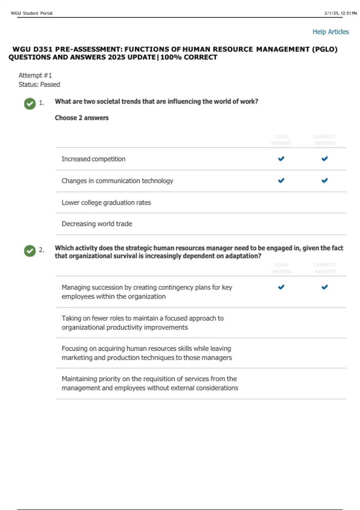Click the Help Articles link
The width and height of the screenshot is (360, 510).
330,32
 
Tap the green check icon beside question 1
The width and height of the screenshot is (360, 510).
30,103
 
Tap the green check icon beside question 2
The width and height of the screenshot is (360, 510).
30,251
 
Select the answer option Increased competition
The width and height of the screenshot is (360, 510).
93,159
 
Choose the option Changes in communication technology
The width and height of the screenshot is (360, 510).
117,181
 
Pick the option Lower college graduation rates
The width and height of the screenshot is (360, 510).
106,203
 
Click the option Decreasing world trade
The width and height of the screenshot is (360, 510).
97,224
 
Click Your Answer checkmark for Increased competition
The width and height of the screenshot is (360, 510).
281,159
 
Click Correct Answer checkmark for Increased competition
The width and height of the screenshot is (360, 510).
324,159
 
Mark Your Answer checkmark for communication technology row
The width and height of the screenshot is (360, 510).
281,181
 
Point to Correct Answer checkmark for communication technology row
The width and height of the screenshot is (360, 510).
324,181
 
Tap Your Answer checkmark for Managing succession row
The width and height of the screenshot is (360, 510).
281,287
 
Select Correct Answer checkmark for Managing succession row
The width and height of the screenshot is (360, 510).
324,287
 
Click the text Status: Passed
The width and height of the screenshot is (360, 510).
39,85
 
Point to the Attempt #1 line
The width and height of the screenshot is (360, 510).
35,75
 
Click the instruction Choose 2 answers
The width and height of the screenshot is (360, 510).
82,118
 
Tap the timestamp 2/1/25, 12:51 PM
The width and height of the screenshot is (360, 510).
340,13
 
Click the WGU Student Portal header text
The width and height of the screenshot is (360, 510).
31,13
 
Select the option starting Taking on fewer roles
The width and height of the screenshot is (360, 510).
142,323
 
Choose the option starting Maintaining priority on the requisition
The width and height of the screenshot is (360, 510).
150,383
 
